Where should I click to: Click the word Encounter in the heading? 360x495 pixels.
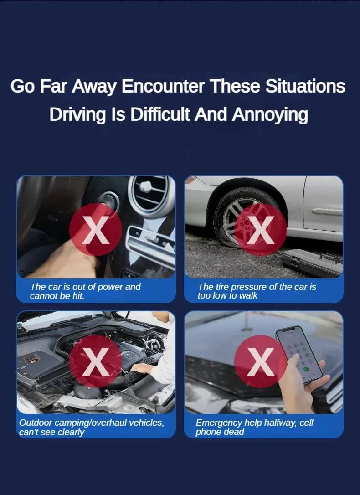(x=163, y=86)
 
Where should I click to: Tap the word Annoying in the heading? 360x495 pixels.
(x=270, y=114)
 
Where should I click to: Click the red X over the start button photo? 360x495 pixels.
(x=96, y=230)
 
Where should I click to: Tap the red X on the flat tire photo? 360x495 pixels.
(x=261, y=230)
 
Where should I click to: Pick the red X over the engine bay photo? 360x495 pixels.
(x=96, y=361)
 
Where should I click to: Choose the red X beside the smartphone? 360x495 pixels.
(x=261, y=361)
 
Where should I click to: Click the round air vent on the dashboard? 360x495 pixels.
(x=151, y=195)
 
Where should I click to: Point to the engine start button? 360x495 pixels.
(x=108, y=201)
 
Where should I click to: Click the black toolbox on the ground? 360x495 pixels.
(x=312, y=263)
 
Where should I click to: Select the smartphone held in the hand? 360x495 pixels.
(x=298, y=354)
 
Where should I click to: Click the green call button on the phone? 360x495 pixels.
(x=306, y=369)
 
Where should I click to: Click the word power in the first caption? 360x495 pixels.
(x=110, y=287)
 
